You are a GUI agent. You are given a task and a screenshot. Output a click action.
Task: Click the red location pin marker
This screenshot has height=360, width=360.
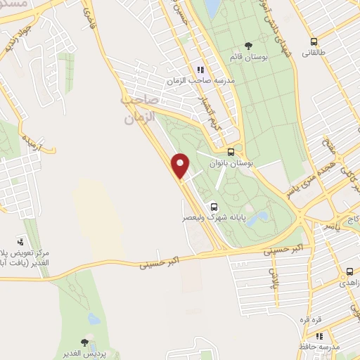click(181, 166)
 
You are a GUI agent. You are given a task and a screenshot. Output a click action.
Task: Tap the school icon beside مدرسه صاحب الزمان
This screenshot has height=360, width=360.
click(200, 69)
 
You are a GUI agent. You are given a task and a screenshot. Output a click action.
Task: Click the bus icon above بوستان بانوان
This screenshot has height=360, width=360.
click(231, 151)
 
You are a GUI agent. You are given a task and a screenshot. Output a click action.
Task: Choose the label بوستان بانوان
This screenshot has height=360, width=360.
click(231, 162)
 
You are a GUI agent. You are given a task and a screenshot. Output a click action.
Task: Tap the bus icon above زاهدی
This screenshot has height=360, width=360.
click(349, 271)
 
